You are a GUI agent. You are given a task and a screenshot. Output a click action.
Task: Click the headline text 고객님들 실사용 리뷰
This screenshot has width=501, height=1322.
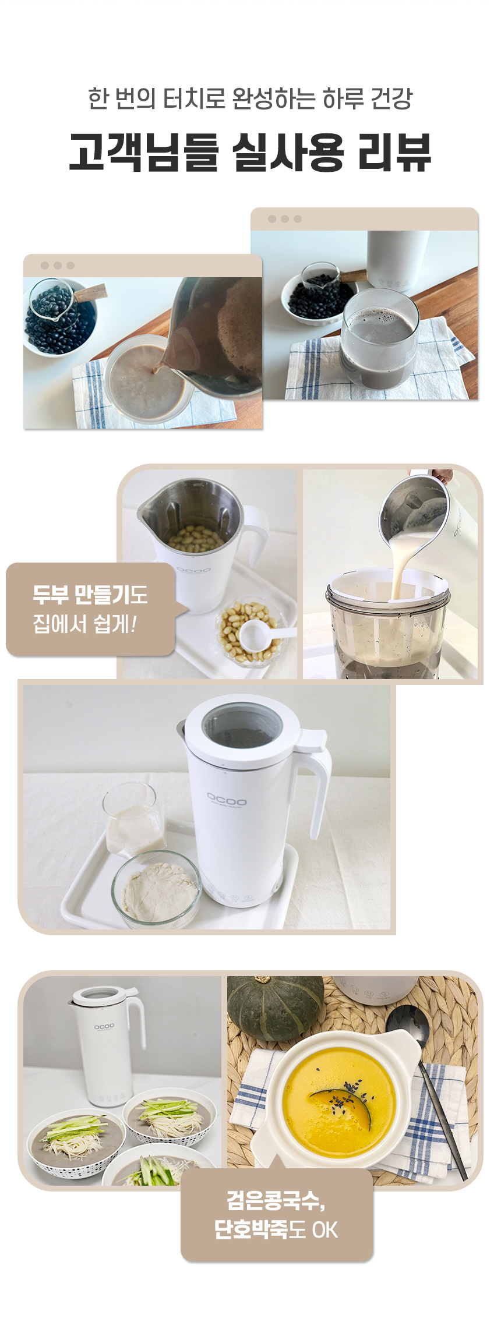tap(250, 152)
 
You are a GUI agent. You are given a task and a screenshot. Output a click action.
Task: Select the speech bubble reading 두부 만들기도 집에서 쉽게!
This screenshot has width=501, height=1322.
tap(91, 609)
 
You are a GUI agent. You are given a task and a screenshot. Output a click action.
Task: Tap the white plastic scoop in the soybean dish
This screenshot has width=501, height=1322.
tap(265, 633)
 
